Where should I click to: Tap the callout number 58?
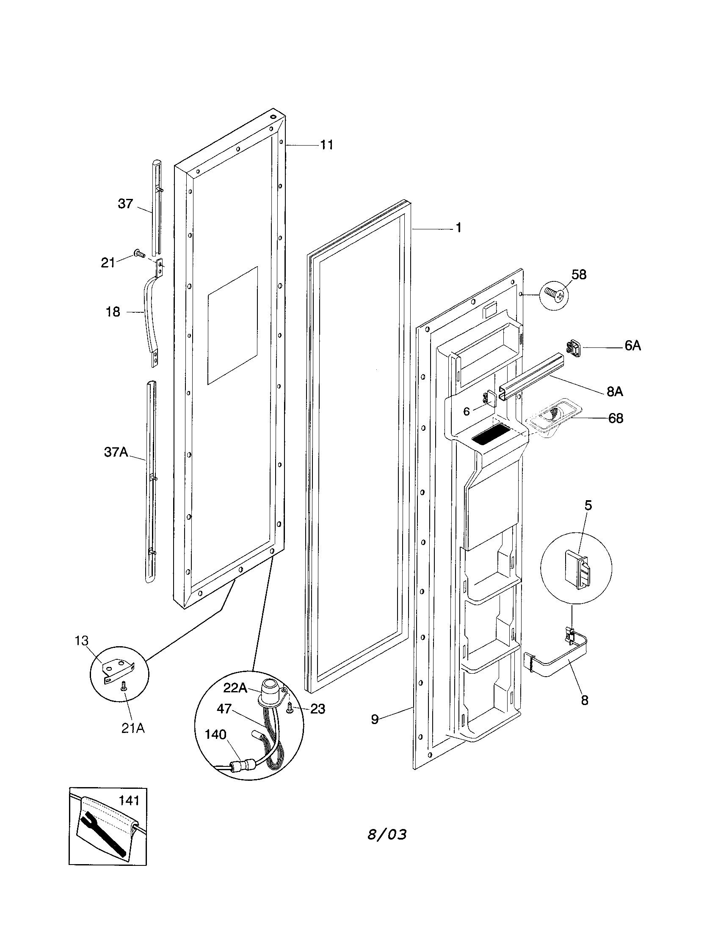(579, 275)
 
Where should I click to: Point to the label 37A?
(116, 452)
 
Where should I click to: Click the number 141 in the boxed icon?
(129, 801)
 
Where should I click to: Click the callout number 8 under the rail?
(585, 700)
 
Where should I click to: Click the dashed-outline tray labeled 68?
(550, 417)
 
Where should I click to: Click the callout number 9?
(374, 719)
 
